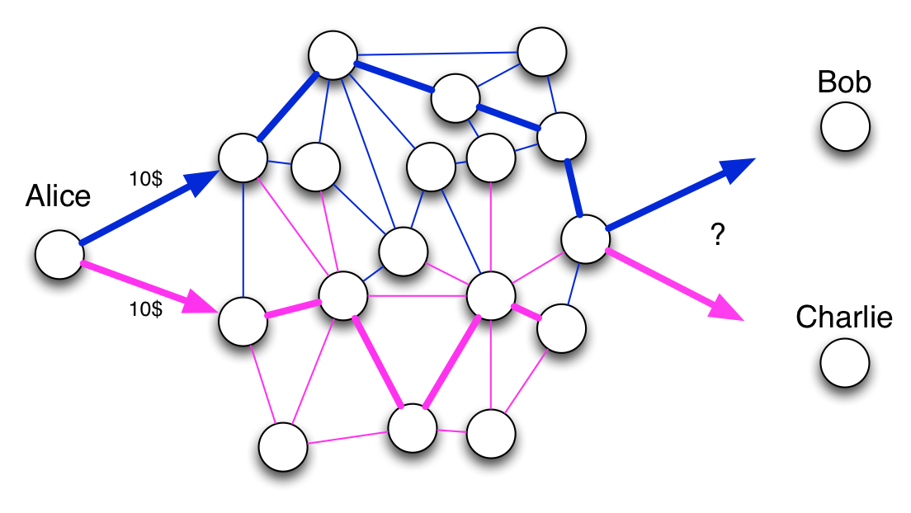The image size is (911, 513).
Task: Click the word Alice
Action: (58, 195)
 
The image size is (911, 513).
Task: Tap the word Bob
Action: (844, 82)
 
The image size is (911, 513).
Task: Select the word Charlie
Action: (844, 318)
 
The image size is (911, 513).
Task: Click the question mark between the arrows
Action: (718, 234)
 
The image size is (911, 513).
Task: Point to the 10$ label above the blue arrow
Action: (146, 178)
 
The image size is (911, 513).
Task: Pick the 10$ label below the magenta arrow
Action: (146, 308)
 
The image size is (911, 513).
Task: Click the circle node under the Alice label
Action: (59, 255)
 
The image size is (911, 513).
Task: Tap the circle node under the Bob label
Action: (845, 127)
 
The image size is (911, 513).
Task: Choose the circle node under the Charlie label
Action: (845, 363)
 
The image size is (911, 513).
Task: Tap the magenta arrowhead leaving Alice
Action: (201, 305)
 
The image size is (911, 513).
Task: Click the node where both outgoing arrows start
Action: (586, 239)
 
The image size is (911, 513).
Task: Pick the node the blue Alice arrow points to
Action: (243, 158)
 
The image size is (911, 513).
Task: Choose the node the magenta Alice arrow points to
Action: (243, 322)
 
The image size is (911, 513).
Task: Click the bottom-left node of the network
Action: (283, 447)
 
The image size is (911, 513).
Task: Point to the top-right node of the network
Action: (542, 52)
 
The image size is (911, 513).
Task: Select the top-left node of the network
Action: (333, 55)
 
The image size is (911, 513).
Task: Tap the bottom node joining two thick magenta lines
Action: (413, 428)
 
